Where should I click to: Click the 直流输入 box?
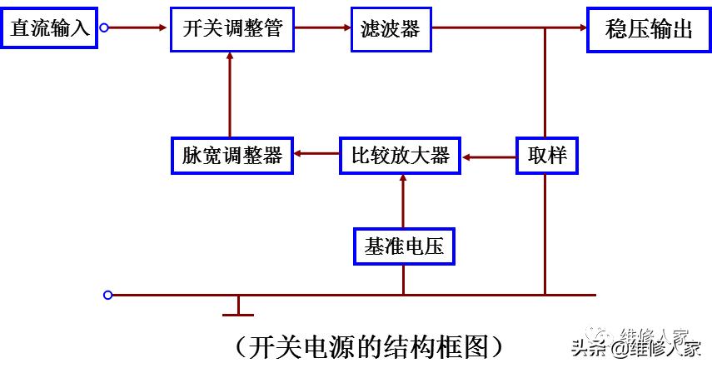point(49,28)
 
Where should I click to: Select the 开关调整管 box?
point(232,29)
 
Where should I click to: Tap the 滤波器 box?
point(391,29)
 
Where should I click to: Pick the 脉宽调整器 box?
point(232,155)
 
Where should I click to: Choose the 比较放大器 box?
point(401,155)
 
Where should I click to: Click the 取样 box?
point(547,155)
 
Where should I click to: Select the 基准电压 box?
point(404,246)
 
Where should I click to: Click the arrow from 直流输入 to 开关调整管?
point(138,28)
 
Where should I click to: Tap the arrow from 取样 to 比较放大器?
point(490,155)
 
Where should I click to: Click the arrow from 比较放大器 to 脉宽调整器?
point(316,155)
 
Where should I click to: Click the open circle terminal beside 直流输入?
point(105,28)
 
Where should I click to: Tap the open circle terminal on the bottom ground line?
point(107,295)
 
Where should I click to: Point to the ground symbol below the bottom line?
point(238,310)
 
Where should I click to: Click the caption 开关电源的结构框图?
point(366,346)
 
